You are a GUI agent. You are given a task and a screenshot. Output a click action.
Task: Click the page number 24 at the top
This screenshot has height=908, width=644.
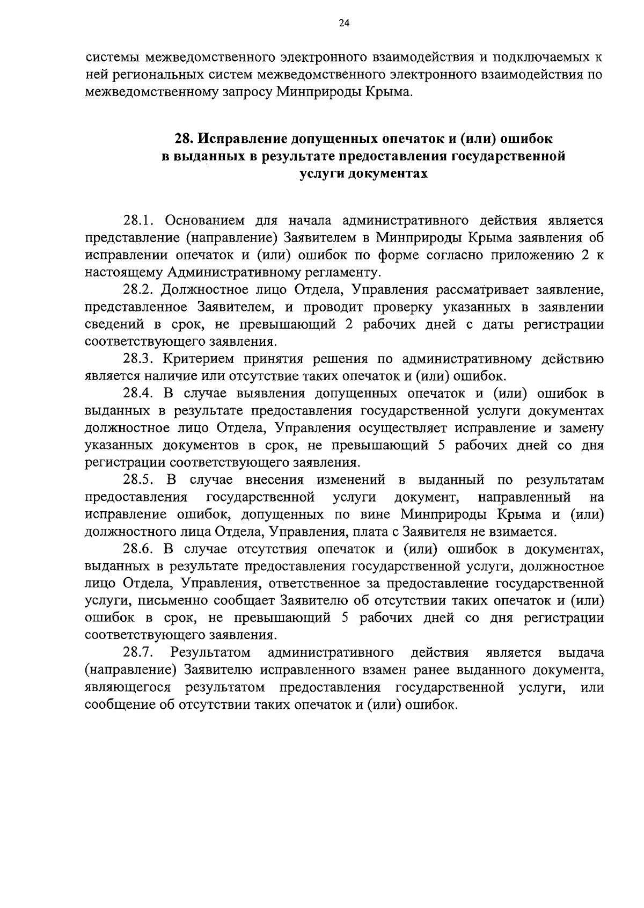pos(344,23)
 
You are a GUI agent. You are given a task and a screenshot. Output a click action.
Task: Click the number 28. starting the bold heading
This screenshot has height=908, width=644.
pos(185,139)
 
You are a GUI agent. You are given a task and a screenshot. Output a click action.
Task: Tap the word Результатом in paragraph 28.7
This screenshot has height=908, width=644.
pos(211,653)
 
